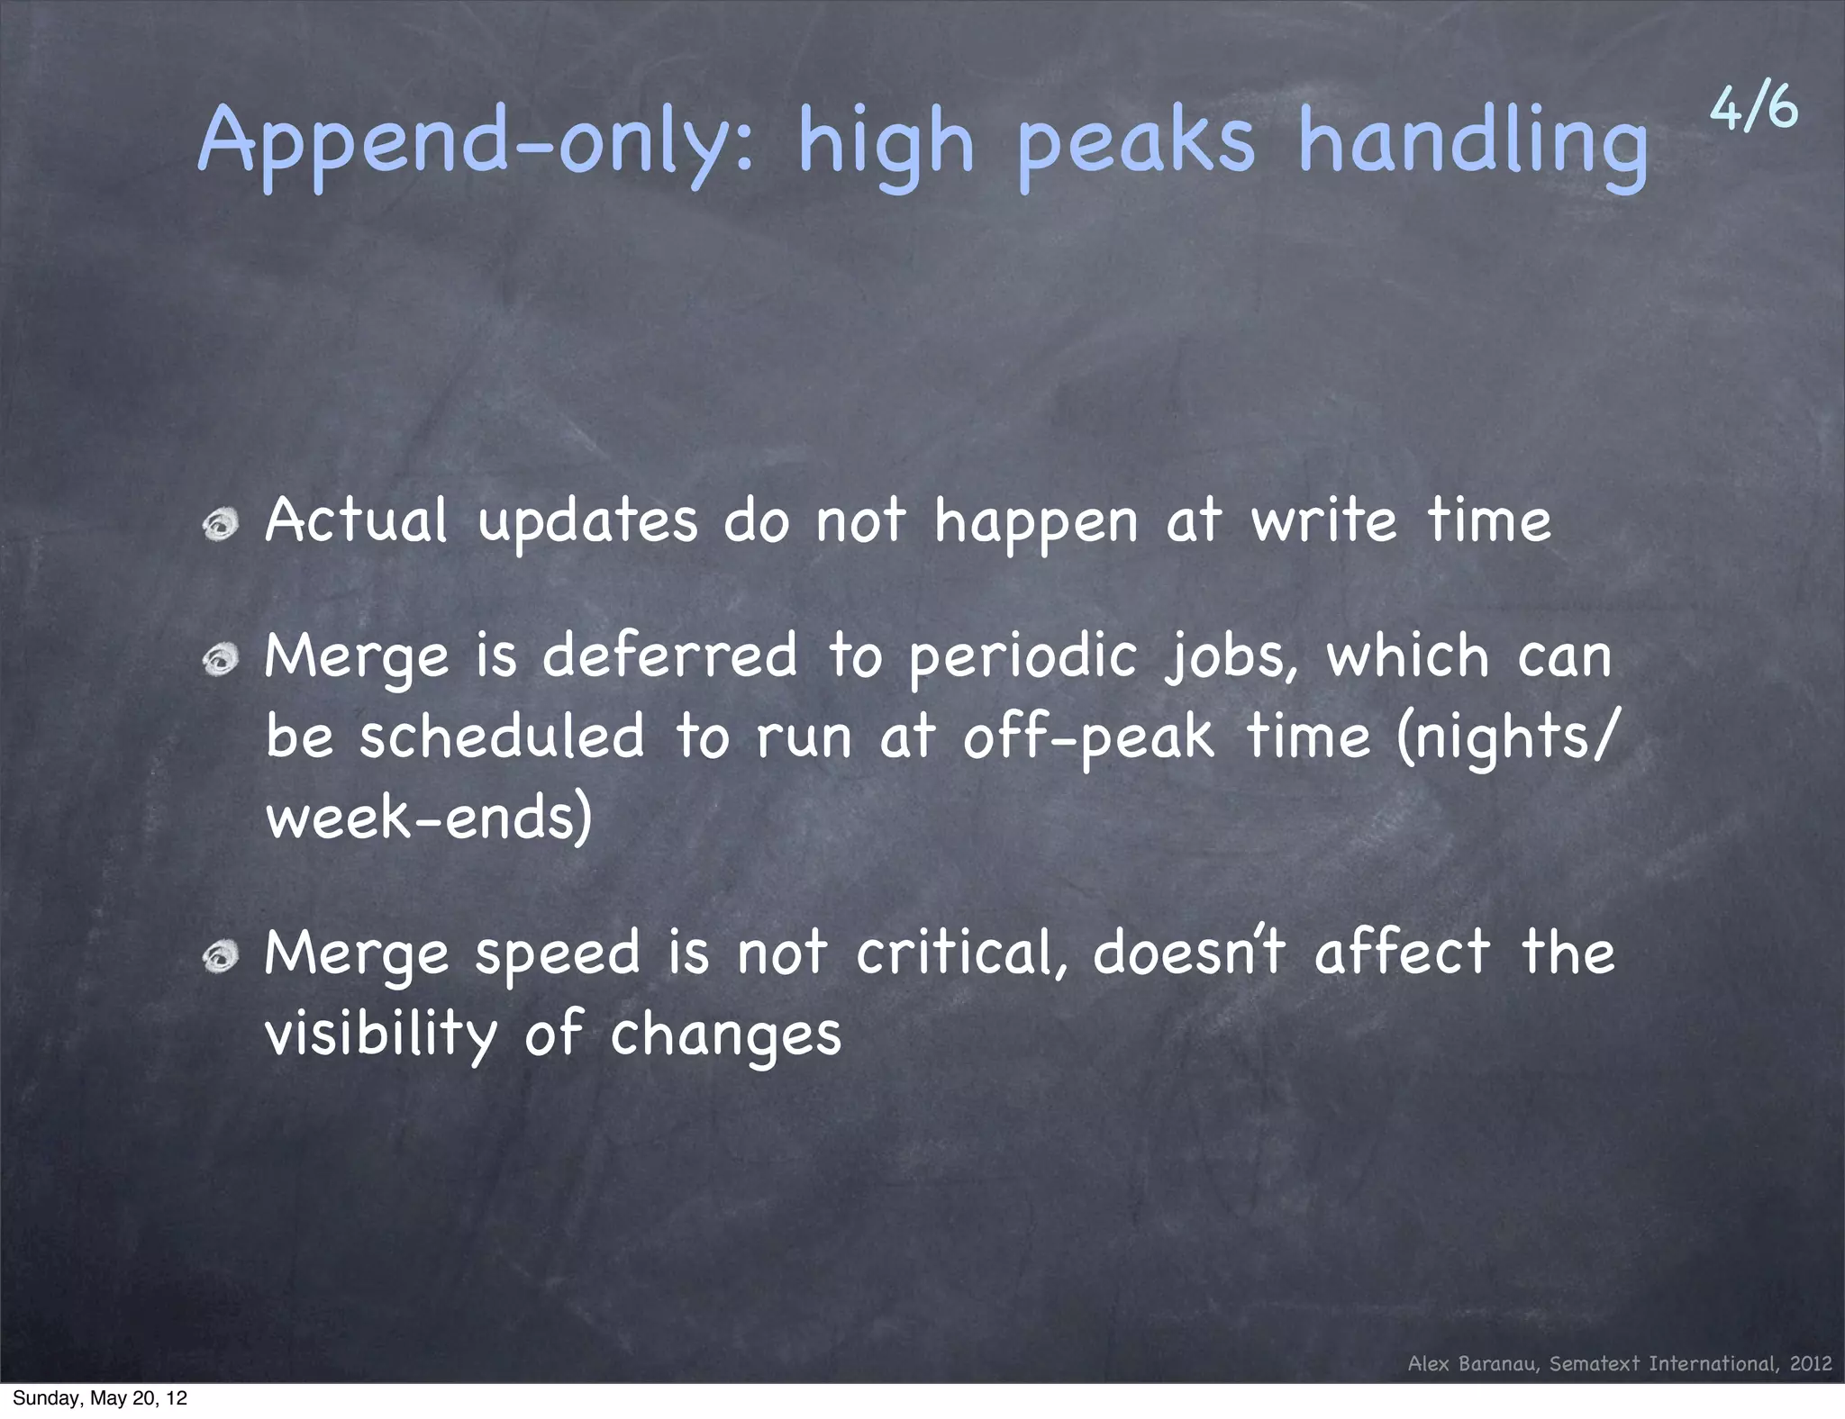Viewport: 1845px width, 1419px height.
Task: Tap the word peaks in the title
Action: [x=1136, y=144]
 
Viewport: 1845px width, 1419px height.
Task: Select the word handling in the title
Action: [x=1473, y=144]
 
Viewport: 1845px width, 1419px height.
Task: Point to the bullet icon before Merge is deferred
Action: [x=220, y=662]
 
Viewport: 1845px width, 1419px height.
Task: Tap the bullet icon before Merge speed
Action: [x=220, y=958]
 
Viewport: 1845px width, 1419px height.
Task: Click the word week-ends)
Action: [x=429, y=818]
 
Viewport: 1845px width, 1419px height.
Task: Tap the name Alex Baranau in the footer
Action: [x=1474, y=1363]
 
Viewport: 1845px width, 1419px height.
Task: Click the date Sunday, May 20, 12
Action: [x=100, y=1398]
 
